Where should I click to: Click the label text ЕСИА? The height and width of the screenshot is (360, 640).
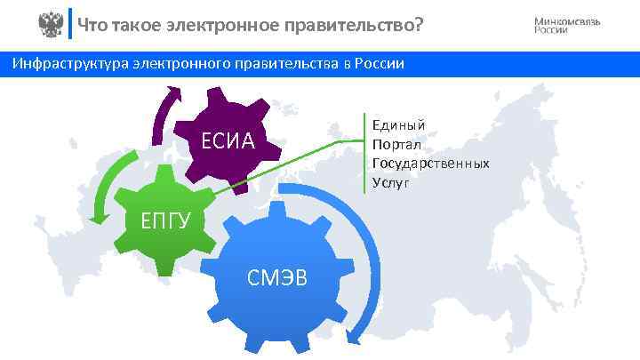coord(228,140)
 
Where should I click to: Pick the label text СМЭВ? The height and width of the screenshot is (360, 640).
coord(276,276)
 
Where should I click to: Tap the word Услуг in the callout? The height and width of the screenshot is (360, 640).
coord(391,182)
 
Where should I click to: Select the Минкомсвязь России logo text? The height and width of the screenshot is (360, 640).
coord(567,25)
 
